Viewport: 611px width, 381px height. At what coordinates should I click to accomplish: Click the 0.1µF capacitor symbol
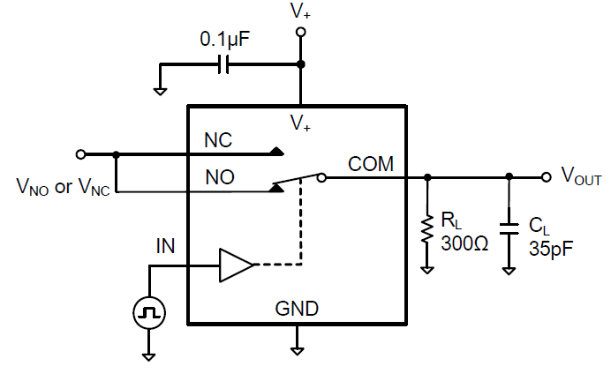click(x=223, y=64)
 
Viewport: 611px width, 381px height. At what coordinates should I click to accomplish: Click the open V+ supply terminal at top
click(x=300, y=33)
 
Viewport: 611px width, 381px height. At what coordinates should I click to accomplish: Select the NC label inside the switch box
click(x=219, y=140)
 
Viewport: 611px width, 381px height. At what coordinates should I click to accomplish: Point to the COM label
click(x=371, y=163)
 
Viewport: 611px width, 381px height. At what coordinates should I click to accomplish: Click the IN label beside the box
click(x=164, y=246)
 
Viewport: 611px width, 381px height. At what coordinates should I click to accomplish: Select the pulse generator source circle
click(x=149, y=311)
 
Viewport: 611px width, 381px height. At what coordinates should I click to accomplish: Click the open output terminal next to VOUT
click(x=545, y=177)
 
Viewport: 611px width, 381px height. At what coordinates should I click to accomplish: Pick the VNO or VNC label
click(x=63, y=187)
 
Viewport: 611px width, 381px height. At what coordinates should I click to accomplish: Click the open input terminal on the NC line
click(x=81, y=153)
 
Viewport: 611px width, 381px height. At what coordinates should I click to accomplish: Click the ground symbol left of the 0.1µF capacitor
click(x=159, y=89)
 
